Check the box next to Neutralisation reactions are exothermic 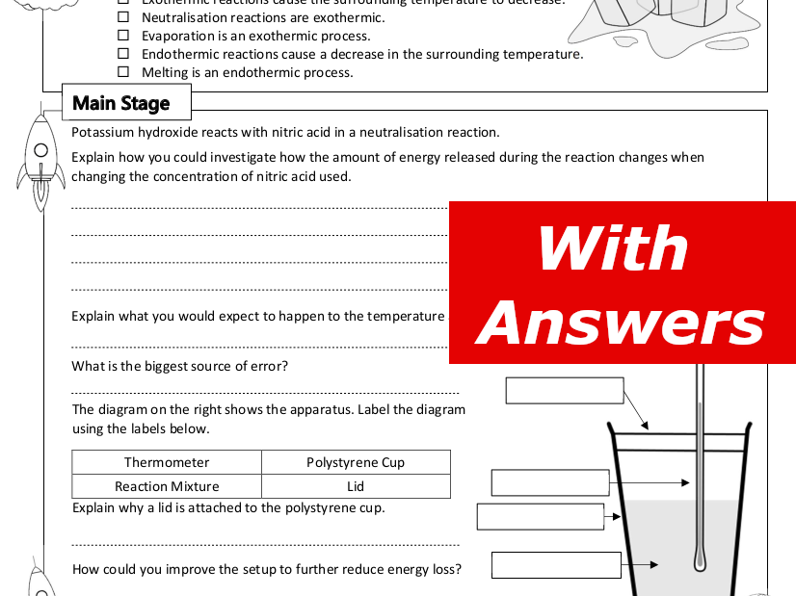pyautogui.click(x=122, y=17)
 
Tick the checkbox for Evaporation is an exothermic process pyautogui.click(x=122, y=36)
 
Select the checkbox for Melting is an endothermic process pyautogui.click(x=122, y=72)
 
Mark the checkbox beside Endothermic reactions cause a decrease pyautogui.click(x=122, y=54)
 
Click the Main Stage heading pyautogui.click(x=121, y=103)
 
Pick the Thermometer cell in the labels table pyautogui.click(x=167, y=462)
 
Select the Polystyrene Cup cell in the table pyautogui.click(x=356, y=462)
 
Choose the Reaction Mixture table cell pyautogui.click(x=167, y=486)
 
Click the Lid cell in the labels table pyautogui.click(x=356, y=486)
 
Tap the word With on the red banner pyautogui.click(x=613, y=247)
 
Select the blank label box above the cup pyautogui.click(x=565, y=390)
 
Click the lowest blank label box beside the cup pyautogui.click(x=556, y=565)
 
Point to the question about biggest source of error pyautogui.click(x=180, y=366)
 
